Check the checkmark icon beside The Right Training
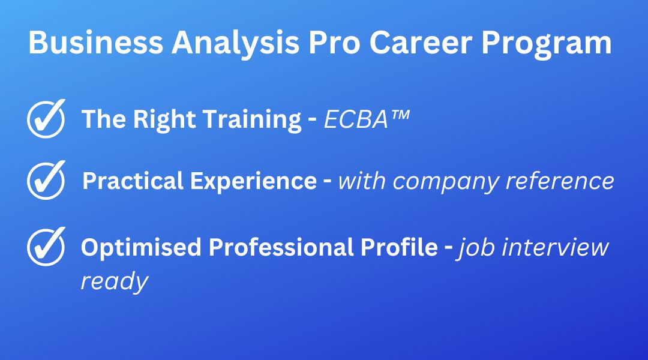click(46, 119)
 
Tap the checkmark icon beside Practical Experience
click(46, 180)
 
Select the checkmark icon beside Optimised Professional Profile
click(46, 247)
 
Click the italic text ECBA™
click(367, 119)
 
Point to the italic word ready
click(114, 281)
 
